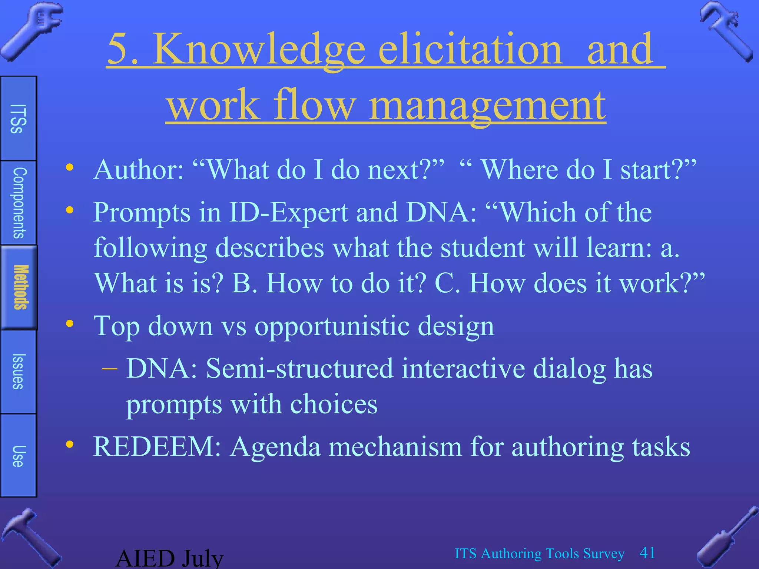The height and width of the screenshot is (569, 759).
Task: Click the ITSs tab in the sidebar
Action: click(x=18, y=119)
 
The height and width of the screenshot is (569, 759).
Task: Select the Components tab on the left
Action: click(x=19, y=203)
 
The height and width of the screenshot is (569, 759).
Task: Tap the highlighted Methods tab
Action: click(x=19, y=287)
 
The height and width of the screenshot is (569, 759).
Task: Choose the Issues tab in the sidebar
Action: click(x=18, y=372)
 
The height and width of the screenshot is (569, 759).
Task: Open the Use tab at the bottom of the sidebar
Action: click(x=18, y=456)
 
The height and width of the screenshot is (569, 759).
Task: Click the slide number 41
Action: click(x=647, y=553)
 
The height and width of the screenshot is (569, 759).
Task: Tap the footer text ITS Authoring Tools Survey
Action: click(x=540, y=553)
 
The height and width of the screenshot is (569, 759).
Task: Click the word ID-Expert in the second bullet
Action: click(x=288, y=213)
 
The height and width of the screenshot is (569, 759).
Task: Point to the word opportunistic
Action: click(x=332, y=326)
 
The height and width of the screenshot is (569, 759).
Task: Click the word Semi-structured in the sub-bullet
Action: click(x=299, y=369)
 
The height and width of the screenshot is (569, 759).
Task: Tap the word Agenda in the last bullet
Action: click(x=275, y=447)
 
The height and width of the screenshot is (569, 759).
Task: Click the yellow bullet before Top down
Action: click(x=70, y=324)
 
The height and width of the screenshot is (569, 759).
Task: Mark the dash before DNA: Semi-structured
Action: click(x=109, y=369)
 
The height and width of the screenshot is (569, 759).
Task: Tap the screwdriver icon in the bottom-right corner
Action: click(x=726, y=537)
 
